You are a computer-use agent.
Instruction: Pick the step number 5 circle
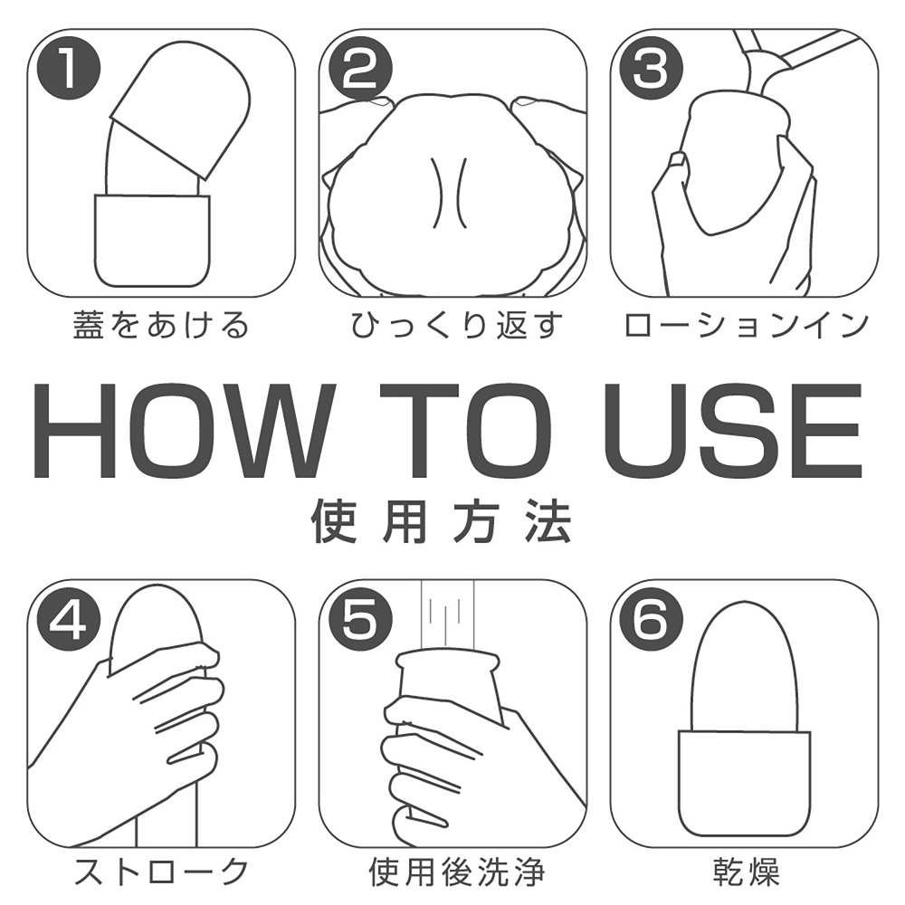tap(360, 620)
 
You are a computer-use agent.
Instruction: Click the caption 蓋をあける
tap(161, 324)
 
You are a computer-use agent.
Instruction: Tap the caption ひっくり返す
tap(455, 324)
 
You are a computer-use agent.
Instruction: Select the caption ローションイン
tap(746, 324)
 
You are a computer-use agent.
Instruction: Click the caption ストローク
tap(161, 872)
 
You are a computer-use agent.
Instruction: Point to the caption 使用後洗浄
tap(456, 872)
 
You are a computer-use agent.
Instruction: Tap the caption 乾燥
tap(747, 872)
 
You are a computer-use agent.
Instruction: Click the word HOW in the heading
tap(184, 431)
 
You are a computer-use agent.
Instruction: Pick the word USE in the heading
tap(732, 431)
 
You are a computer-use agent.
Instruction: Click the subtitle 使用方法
tap(442, 521)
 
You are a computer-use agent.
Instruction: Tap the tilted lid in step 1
tap(180, 110)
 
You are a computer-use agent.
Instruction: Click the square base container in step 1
tap(152, 240)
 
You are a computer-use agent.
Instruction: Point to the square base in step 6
tap(745, 783)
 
